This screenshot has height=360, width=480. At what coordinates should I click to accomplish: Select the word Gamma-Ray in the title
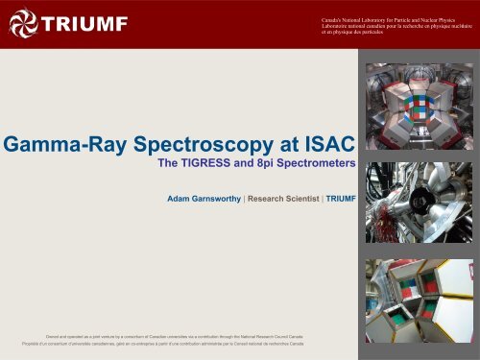pos(65,146)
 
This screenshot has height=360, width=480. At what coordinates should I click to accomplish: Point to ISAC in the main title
pos(323,146)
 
